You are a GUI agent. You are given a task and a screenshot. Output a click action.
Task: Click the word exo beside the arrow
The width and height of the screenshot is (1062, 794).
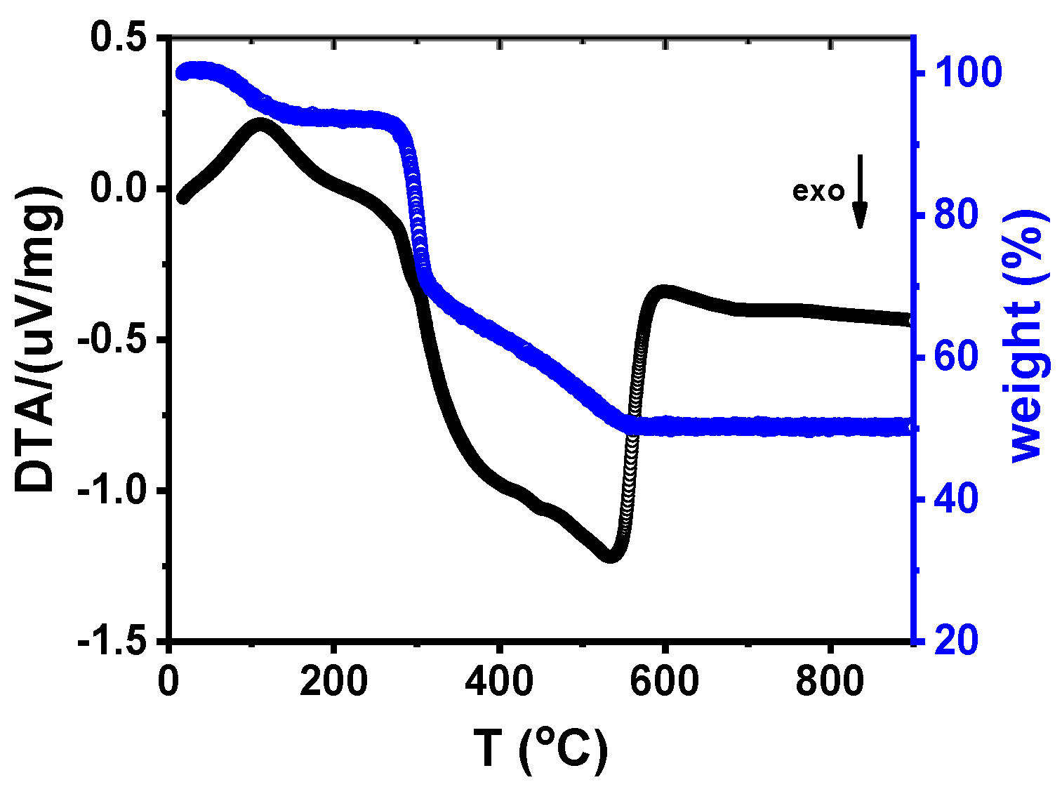point(818,192)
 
